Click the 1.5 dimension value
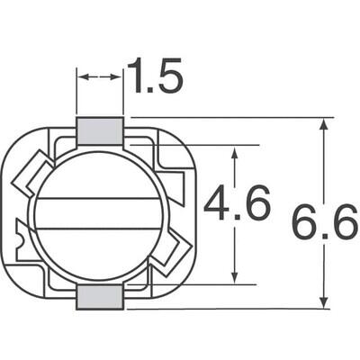click(154, 77)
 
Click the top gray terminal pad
click(99, 131)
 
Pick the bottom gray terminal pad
click(99, 298)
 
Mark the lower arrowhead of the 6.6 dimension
click(322, 302)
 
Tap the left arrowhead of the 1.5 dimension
click(81, 78)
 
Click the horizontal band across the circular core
click(99, 214)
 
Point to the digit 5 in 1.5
click(171, 77)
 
